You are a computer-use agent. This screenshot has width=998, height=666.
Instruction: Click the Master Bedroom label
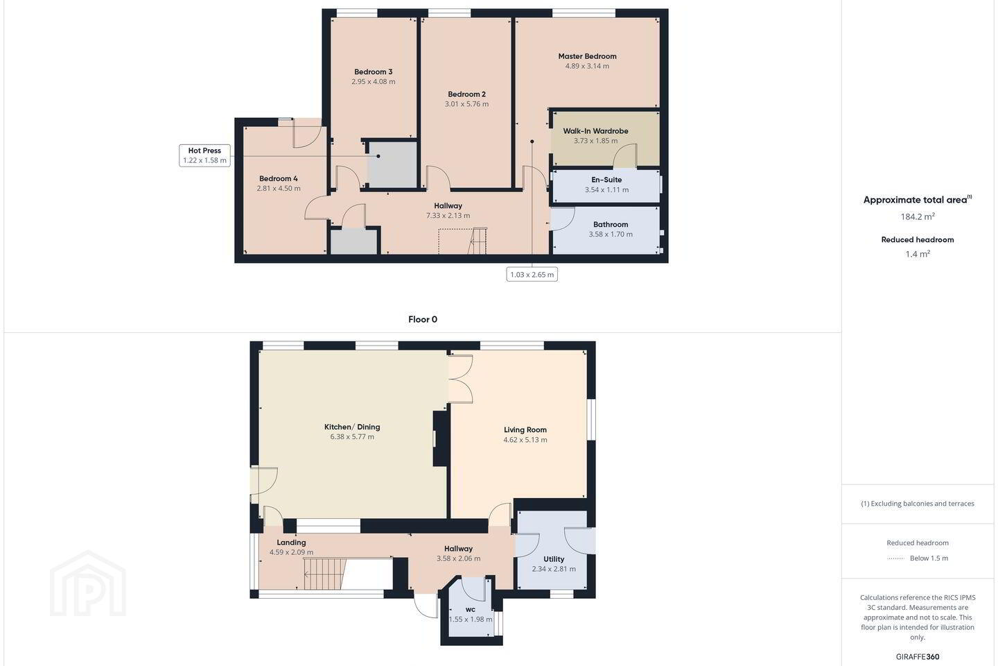(587, 56)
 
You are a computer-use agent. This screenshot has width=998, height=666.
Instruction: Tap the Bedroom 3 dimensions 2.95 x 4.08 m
(374, 82)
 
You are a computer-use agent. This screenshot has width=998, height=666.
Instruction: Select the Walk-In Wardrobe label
(596, 130)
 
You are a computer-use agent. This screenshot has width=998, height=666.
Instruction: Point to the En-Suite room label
(606, 180)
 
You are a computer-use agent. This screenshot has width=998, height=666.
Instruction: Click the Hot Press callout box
(204, 155)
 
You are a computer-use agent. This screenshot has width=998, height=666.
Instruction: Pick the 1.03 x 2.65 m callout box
(532, 274)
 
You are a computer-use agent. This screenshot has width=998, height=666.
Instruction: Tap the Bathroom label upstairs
(611, 224)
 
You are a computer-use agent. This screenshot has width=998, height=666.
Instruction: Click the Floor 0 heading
(423, 319)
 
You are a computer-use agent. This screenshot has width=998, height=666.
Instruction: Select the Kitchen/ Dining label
(352, 427)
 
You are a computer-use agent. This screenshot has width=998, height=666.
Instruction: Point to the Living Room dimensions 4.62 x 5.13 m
(525, 440)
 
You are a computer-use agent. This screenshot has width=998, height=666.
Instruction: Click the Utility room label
(554, 559)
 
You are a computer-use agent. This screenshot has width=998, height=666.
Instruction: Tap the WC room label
(471, 609)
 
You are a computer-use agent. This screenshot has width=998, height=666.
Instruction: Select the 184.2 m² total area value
(918, 216)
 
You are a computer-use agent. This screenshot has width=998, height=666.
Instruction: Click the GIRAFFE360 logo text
(918, 656)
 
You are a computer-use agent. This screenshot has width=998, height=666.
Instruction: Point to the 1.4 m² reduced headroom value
(918, 254)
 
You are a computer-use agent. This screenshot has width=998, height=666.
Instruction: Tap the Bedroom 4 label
(279, 178)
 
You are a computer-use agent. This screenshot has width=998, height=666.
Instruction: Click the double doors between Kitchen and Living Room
(461, 379)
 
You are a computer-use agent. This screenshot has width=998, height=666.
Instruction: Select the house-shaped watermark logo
(88, 583)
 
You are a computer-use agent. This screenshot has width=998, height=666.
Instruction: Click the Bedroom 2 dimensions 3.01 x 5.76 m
(466, 104)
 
